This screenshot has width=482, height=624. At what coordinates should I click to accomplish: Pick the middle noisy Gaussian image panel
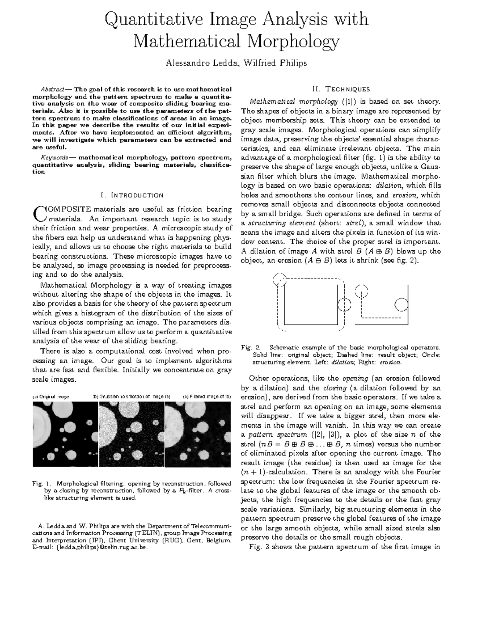pyautogui.click(x=132, y=434)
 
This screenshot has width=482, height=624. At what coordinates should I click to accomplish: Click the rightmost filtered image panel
pyautogui.click(x=199, y=434)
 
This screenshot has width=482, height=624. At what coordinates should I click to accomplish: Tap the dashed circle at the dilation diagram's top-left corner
pyautogui.click(x=280, y=280)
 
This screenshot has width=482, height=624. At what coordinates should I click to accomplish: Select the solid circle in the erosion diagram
pyautogui.click(x=401, y=305)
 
